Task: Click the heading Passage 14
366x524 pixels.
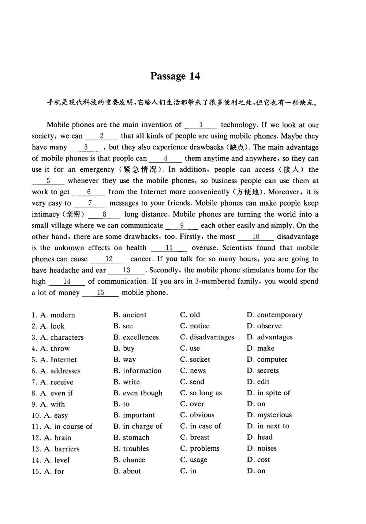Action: coord(175,76)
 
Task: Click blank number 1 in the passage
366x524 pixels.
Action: coord(201,125)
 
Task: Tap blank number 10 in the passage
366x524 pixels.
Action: coord(255,237)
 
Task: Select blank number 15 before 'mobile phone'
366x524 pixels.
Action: coord(100,292)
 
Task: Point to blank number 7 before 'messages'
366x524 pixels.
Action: coord(90,203)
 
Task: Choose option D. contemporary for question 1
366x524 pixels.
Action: coord(274,315)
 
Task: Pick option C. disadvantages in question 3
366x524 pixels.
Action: coord(207,337)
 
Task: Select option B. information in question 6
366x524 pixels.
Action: coord(137,371)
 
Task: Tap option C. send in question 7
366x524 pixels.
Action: coord(192,382)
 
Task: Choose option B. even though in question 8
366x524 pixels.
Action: coord(138,393)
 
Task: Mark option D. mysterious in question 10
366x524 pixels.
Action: coord(269,415)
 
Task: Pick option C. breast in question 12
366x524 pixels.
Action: coord(195,437)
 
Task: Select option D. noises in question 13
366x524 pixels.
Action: coord(262,449)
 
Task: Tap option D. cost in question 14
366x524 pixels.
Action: coord(258,460)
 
